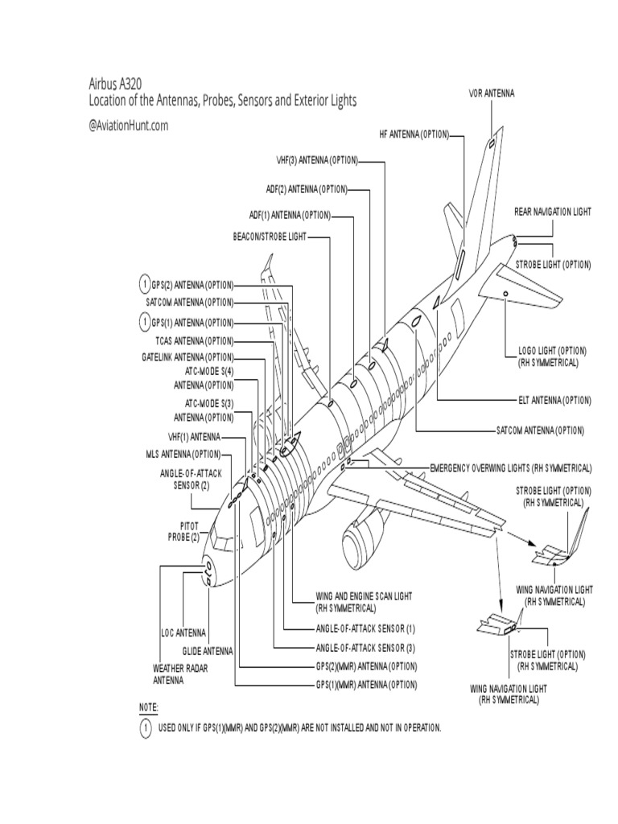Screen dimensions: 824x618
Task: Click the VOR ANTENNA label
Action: tap(491, 94)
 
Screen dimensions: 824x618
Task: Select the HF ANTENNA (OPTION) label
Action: tap(414, 134)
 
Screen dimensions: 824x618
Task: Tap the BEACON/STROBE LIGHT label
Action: tap(270, 237)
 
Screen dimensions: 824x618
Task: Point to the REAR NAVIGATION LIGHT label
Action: tap(552, 212)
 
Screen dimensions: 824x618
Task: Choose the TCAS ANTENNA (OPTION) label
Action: tap(187, 340)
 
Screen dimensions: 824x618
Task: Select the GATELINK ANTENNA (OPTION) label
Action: tap(187, 356)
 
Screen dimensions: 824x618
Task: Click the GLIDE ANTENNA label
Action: tap(207, 651)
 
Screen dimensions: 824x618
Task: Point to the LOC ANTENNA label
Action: tap(183, 633)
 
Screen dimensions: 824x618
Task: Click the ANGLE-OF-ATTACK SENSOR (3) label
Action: tap(366, 647)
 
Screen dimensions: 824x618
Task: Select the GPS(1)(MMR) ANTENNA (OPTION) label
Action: tap(366, 685)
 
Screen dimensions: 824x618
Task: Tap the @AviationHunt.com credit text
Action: tap(129, 125)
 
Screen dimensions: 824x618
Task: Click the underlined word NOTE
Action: tap(149, 707)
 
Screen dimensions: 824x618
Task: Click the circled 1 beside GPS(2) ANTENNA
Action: tap(145, 285)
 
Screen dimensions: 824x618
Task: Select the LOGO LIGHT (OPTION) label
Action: tap(552, 356)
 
